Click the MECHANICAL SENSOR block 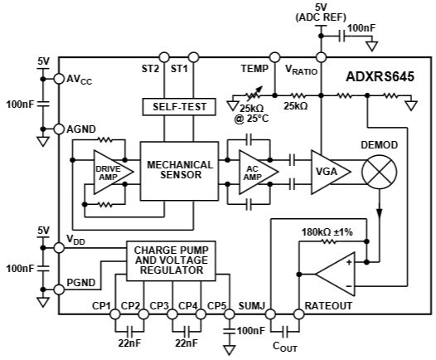click(180, 171)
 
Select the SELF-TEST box click(180, 107)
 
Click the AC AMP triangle click(253, 172)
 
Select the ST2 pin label click(150, 69)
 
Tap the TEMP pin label click(254, 69)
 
